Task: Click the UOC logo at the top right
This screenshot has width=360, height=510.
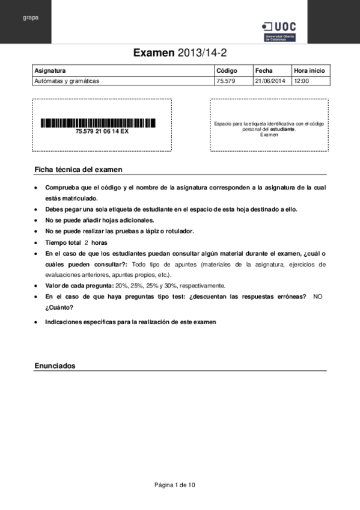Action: (279, 31)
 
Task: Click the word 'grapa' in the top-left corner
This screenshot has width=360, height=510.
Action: (31, 17)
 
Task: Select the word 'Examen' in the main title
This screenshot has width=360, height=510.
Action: (154, 54)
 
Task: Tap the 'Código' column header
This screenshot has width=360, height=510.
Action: (227, 70)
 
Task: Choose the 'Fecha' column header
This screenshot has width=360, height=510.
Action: (264, 70)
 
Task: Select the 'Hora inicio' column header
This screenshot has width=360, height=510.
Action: (310, 70)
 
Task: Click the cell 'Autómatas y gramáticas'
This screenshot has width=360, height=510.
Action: (67, 80)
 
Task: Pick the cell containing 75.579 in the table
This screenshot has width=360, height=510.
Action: (225, 80)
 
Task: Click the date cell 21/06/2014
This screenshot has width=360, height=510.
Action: (270, 80)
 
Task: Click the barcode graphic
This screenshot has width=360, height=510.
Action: (98, 123)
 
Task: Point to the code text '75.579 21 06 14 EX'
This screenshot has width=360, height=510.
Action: (102, 131)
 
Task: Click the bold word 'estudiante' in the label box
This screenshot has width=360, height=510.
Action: (282, 129)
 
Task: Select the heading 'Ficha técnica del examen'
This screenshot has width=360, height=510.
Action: (78, 170)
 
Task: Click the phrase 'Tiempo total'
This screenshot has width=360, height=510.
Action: (63, 242)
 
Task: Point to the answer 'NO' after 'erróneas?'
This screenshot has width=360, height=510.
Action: (318, 296)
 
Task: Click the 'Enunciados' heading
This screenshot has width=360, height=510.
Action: (55, 366)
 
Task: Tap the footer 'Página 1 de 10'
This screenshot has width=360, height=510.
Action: (175, 485)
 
